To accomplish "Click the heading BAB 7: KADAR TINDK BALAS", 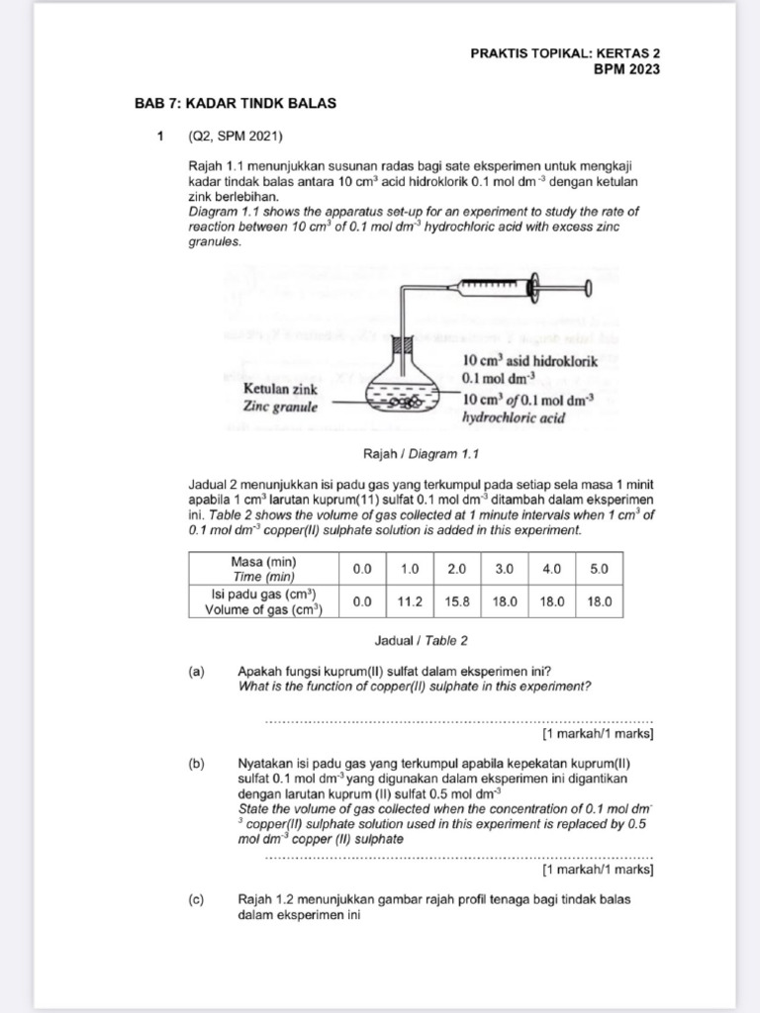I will pyautogui.click(x=236, y=104).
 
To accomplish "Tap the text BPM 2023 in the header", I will pyautogui.click(x=626, y=69).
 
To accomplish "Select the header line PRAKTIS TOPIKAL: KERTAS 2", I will pyautogui.click(x=565, y=53).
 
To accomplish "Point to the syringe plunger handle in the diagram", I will pyautogui.click(x=588, y=288).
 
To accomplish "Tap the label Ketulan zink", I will pyautogui.click(x=280, y=390).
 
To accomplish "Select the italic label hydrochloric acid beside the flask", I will pyautogui.click(x=513, y=417).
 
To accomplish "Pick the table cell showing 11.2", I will pyautogui.click(x=411, y=600).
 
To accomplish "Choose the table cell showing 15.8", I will pyautogui.click(x=457, y=600).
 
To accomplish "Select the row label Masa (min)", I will pyautogui.click(x=264, y=561).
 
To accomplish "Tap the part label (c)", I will pyautogui.click(x=196, y=899).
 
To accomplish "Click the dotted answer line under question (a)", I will pyautogui.click(x=459, y=720).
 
